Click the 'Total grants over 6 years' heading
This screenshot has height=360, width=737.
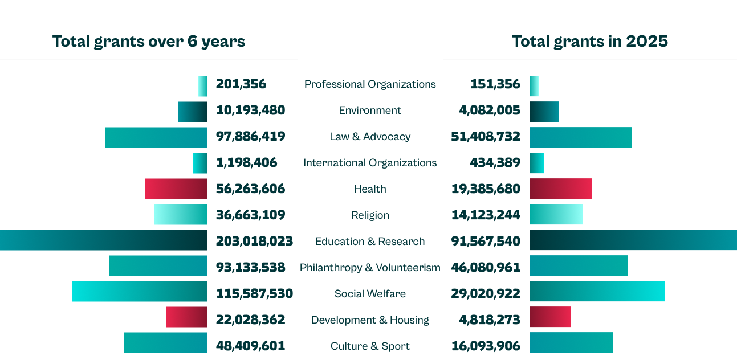[149, 42]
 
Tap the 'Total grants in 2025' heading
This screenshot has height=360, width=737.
[589, 42]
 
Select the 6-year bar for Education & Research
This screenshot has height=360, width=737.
[103, 240]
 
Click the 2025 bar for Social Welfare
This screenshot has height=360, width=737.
[597, 292]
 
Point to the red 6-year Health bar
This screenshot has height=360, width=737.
[176, 189]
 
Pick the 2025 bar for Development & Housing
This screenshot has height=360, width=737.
[550, 317]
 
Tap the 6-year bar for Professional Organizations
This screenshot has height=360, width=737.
[203, 86]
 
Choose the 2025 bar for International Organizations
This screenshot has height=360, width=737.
[537, 163]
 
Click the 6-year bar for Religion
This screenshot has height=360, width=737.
[180, 215]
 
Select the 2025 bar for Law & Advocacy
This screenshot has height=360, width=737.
[580, 137]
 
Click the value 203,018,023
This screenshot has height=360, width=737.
[254, 241]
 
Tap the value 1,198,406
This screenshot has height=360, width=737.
[246, 163]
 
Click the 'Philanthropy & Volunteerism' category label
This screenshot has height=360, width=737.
[370, 267]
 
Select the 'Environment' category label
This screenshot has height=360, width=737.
[370, 111]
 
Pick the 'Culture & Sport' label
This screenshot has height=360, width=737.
[370, 346]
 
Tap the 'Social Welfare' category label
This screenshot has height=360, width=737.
[370, 294]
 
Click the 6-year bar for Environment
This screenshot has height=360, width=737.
[192, 112]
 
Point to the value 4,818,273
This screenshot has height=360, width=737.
[489, 320]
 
